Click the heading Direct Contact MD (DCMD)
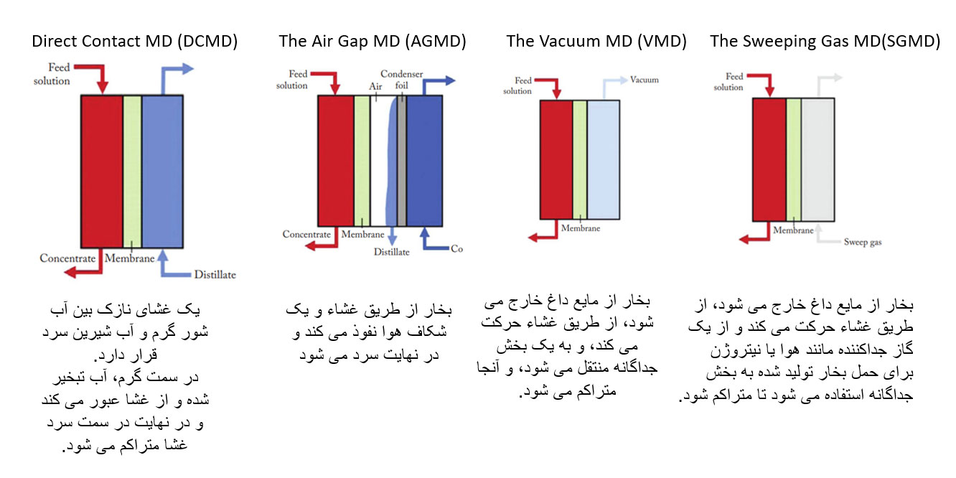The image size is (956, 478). pos(134,42)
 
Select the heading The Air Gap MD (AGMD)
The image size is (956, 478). pos(372,42)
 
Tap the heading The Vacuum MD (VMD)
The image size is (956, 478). pos(596,42)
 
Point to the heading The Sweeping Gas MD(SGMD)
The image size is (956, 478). pos(825,42)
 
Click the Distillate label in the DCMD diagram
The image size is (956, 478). pos(215,274)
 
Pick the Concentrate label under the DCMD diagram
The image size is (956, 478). pos(67,258)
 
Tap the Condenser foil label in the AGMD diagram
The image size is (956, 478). pos(402,80)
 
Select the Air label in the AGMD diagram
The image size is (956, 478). pos(375,86)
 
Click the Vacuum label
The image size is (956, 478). pos(645,80)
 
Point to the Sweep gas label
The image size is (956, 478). pos(863,242)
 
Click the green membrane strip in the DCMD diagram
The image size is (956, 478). pos(132,171)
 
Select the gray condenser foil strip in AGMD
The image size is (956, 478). pos(402,161)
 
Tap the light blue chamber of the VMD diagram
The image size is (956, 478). pos(604,160)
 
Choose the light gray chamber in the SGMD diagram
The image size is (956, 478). pos(817,159)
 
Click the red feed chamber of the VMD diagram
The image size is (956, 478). pos(556,160)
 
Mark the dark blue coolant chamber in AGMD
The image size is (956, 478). pos(424,161)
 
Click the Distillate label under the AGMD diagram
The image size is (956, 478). pos(392,252)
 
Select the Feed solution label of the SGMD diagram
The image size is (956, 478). pos(728,82)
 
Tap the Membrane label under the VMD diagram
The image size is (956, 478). pos(581,228)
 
